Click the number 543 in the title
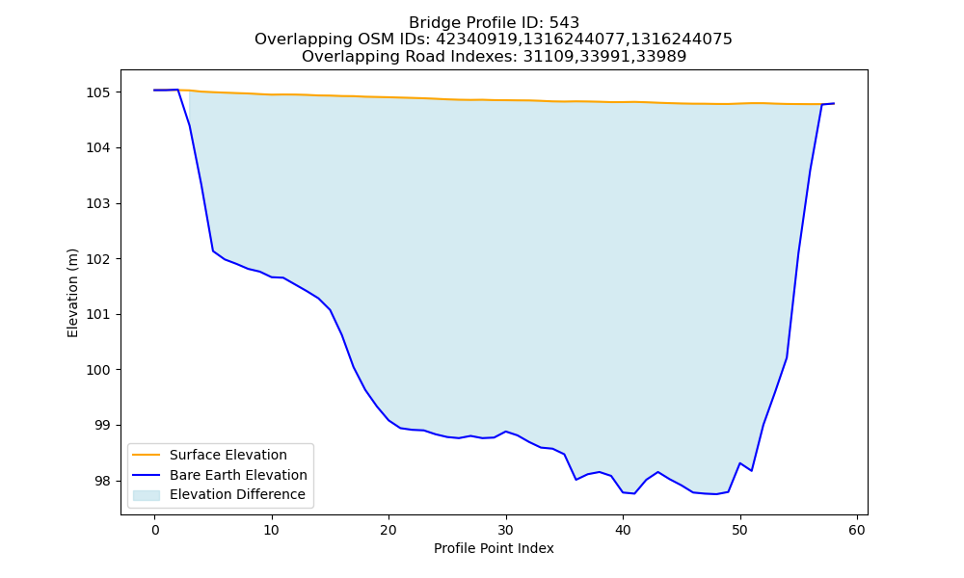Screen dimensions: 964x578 (x=564, y=23)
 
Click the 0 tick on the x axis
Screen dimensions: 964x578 (x=155, y=530)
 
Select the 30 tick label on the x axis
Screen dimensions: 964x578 (x=506, y=530)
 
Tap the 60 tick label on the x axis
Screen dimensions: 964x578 (x=857, y=530)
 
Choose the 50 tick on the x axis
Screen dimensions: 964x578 (x=740, y=530)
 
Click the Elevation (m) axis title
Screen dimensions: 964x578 (x=72, y=293)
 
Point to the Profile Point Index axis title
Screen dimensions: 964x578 (x=494, y=548)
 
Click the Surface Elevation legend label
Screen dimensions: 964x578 (x=228, y=455)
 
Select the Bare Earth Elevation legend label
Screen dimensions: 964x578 (x=238, y=475)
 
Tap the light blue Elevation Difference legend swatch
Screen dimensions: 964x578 (x=147, y=495)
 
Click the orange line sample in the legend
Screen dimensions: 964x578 (x=147, y=455)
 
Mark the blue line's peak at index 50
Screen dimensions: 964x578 (x=740, y=463)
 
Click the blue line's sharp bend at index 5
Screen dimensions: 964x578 (x=213, y=251)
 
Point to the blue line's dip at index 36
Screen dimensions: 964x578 (x=576, y=480)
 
